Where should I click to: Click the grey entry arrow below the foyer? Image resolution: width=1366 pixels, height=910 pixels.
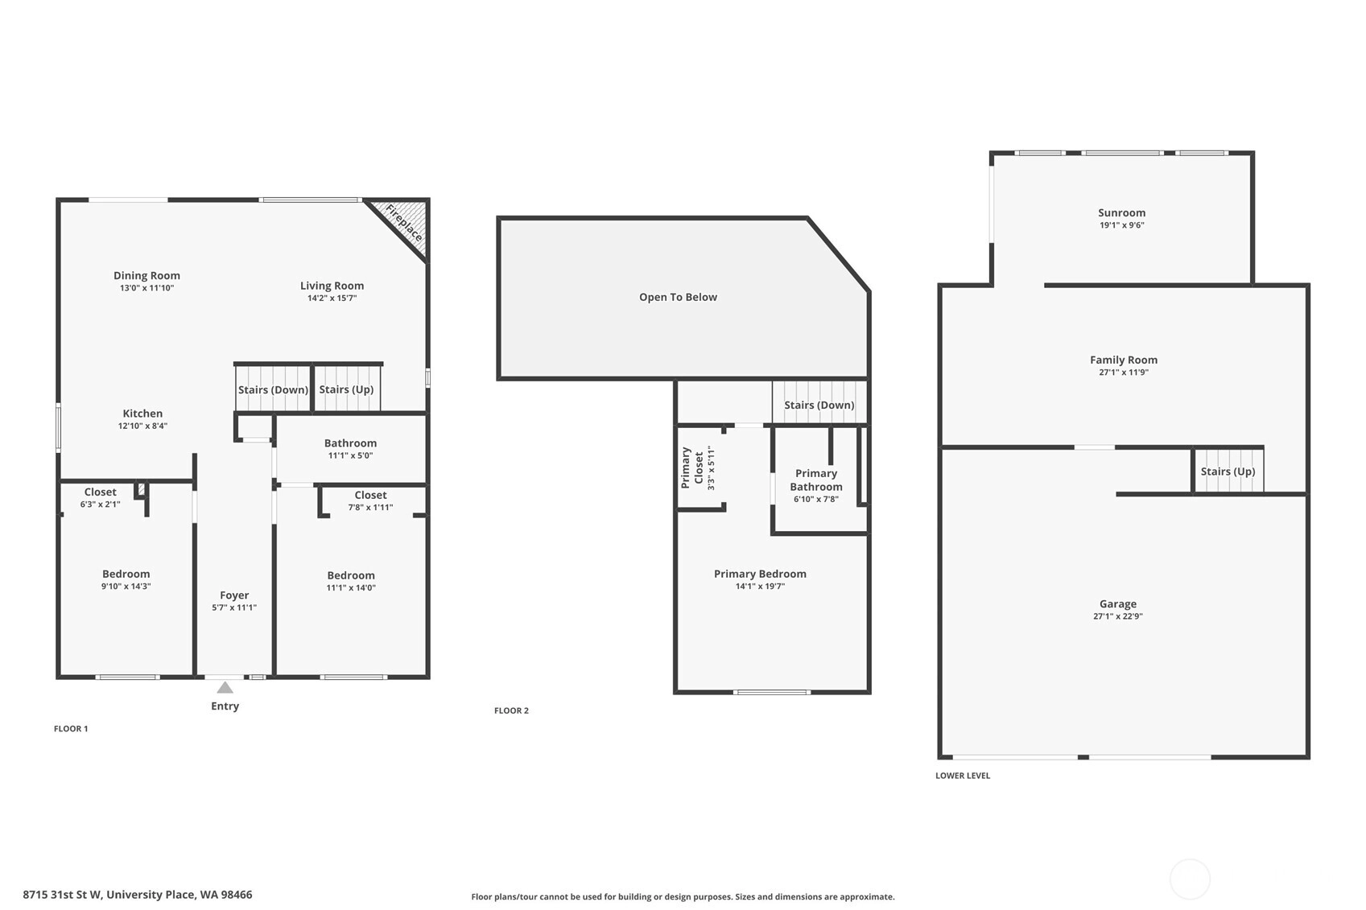coord(225,687)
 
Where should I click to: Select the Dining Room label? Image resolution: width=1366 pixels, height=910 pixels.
coord(147,275)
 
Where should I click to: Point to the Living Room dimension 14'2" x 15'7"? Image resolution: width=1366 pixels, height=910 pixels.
coord(332,298)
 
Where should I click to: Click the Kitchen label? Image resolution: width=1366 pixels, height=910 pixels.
coord(142,414)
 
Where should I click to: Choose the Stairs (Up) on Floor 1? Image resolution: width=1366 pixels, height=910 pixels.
coord(346,389)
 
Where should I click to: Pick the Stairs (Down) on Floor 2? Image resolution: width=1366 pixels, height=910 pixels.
coord(819,403)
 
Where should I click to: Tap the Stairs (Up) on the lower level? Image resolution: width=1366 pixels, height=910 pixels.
coord(1228,471)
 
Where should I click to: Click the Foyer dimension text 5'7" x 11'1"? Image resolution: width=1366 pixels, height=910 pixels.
coord(234,607)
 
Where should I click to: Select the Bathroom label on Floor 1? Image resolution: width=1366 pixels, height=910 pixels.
coord(351,443)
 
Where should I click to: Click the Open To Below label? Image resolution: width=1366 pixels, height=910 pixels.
coord(678,297)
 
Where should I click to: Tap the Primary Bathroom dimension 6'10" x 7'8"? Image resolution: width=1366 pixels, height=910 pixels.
coord(816,499)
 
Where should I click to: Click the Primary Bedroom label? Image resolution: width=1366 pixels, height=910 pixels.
coord(760,574)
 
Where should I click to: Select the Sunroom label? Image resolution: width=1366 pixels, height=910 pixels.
coord(1122,212)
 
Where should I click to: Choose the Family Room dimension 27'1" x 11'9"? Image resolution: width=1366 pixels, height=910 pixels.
coord(1124,373)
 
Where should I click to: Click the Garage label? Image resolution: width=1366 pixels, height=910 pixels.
coord(1118,604)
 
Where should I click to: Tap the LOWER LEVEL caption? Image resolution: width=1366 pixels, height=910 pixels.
coord(963,776)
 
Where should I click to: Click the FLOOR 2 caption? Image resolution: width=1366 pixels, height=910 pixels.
coord(512,710)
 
